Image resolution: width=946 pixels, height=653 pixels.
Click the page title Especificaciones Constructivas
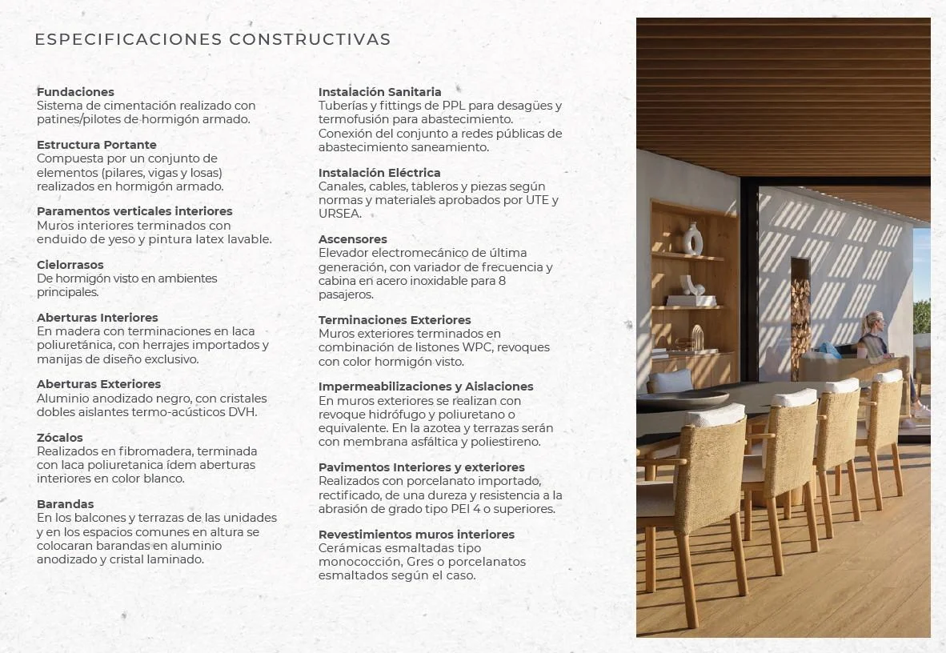pos(213,39)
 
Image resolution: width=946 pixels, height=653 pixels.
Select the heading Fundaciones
pos(75,92)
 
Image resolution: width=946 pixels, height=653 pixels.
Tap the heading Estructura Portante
pos(97,145)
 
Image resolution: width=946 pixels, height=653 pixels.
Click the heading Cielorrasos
pos(70,265)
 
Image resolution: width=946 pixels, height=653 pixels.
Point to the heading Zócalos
pos(60,438)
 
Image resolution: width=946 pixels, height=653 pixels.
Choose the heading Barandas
pos(66,504)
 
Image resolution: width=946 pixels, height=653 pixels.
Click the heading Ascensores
pos(353,239)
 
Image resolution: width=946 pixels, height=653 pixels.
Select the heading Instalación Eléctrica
pos(379,173)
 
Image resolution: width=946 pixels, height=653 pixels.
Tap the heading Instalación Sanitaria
pos(380,92)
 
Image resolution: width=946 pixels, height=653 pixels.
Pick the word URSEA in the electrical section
pos(339,214)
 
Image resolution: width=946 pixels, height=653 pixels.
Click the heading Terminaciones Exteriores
pos(395,320)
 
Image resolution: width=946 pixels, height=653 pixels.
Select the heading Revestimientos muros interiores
pos(416,535)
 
